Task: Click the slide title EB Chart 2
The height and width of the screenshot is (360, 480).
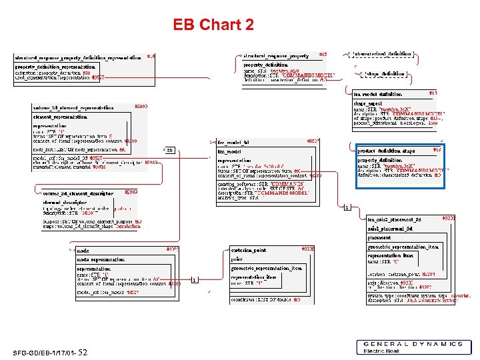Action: point(213,25)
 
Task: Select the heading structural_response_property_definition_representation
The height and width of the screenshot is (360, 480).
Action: point(78,57)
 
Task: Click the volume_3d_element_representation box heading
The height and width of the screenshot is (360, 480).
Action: point(73,107)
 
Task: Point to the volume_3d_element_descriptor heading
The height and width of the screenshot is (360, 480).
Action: point(78,193)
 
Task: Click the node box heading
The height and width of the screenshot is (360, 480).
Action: point(83,250)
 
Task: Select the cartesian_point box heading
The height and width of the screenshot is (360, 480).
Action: point(249,250)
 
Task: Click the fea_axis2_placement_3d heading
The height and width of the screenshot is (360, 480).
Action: point(395,219)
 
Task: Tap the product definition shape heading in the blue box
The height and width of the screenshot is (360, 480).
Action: point(386,151)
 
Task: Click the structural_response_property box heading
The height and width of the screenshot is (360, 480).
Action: point(275,55)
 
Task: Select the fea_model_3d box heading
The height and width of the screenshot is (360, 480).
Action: point(234,143)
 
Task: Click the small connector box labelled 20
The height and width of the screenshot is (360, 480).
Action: point(169,150)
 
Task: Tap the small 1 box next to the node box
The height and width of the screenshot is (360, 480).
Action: point(194,279)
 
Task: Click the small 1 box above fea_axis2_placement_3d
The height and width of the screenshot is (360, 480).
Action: point(347,207)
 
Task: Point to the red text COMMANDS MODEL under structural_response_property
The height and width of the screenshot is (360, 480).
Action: point(307,75)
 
